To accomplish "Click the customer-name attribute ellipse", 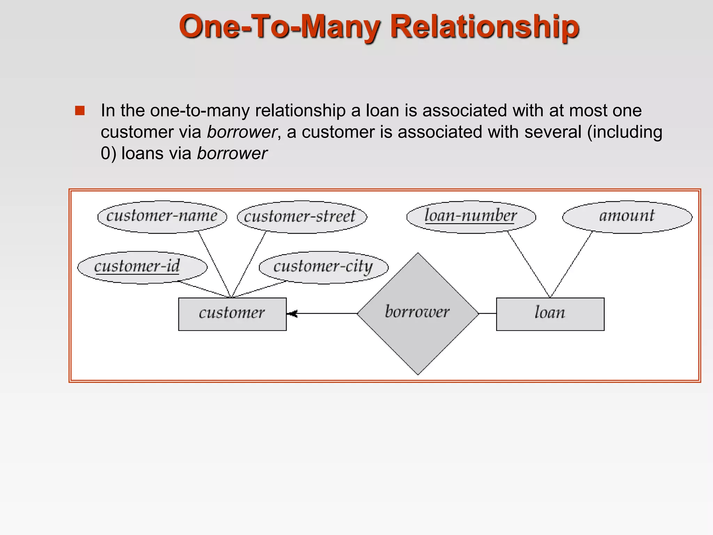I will click(x=162, y=217).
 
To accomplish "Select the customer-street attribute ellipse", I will click(x=302, y=217).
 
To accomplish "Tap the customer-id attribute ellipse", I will click(x=142, y=267).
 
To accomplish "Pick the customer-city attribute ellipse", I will click(x=323, y=267).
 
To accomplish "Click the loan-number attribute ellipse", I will click(x=471, y=217).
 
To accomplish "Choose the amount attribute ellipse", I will click(x=627, y=217).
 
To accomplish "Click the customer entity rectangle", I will click(x=232, y=314).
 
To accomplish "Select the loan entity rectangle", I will click(x=550, y=314).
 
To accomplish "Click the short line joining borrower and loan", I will click(x=487, y=313).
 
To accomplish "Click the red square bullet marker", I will click(x=80, y=111).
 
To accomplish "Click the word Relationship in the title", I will click(x=484, y=27).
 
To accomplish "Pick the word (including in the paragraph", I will click(x=625, y=132).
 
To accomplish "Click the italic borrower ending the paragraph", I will click(x=232, y=154).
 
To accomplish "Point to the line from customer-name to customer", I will click(x=214, y=264).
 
